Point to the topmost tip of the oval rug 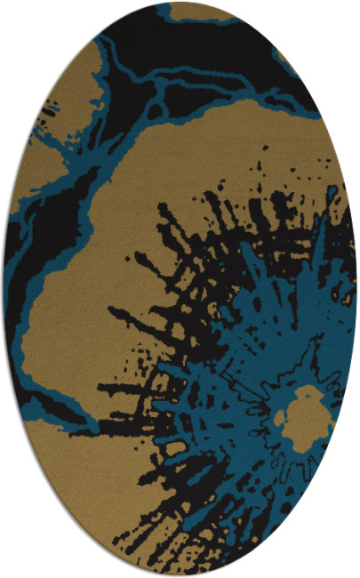point(180,2)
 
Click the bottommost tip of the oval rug point(180,575)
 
